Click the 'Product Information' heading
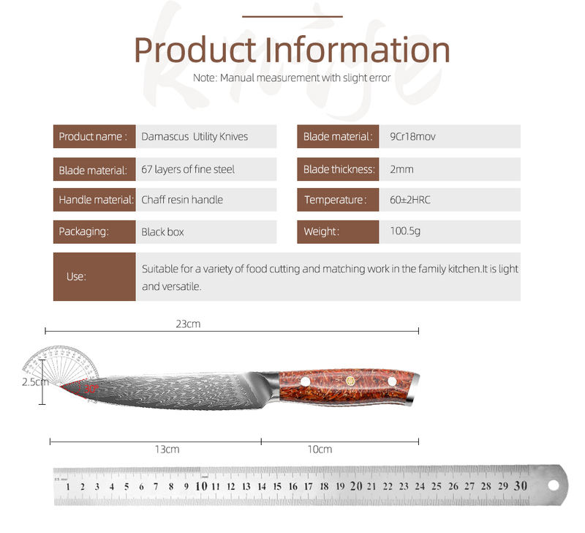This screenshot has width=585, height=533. click(292, 50)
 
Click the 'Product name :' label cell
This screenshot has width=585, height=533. click(94, 136)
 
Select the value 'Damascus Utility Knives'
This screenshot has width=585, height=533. click(195, 137)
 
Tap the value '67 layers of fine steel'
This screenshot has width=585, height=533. click(188, 170)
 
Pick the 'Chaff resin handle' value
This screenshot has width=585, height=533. click(182, 200)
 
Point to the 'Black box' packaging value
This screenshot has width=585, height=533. click(162, 232)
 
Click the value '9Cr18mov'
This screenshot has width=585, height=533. click(412, 137)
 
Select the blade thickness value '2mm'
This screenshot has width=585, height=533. click(401, 170)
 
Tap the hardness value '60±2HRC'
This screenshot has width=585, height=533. click(409, 200)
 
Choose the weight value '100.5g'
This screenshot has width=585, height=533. click(405, 231)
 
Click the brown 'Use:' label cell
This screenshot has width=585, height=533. click(94, 277)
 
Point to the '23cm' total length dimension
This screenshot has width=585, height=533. click(188, 324)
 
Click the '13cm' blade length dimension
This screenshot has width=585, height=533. click(167, 449)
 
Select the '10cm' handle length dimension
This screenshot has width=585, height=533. click(320, 449)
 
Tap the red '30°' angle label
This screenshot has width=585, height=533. click(91, 389)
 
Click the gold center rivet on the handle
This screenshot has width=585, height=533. click(350, 381)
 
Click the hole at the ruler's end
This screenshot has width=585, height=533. click(554, 485)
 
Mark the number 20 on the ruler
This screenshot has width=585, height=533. click(356, 486)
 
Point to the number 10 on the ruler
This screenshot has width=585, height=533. click(201, 486)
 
